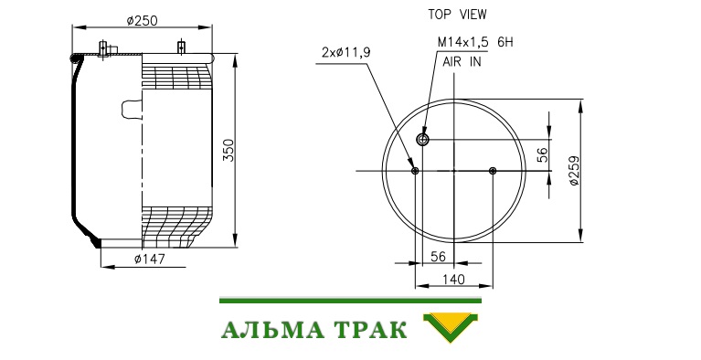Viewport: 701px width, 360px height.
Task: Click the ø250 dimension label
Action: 143,21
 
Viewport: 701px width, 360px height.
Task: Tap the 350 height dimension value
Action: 228,150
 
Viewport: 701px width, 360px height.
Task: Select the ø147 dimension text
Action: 150,259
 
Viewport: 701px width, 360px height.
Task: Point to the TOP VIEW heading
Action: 457,15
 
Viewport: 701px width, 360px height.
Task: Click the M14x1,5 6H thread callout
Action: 475,42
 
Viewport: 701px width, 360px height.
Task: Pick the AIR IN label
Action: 462,62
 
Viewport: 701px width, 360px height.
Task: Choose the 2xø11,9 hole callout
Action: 346,52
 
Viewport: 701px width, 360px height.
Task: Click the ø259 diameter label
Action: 574,171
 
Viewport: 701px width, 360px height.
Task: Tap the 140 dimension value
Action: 453,280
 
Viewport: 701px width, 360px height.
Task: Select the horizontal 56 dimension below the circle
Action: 438,256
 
